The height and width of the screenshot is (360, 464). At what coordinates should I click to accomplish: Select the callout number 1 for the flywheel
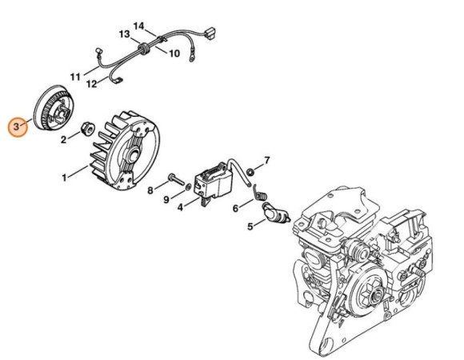(x=64, y=178)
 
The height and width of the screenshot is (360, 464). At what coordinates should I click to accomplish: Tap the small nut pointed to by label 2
(x=88, y=129)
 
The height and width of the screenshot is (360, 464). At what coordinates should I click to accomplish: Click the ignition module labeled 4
(x=214, y=181)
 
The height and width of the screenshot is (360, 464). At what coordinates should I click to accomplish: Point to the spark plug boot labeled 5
(x=275, y=214)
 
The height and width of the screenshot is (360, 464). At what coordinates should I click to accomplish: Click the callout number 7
(x=267, y=161)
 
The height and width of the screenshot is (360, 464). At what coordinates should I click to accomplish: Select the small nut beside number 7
(x=250, y=171)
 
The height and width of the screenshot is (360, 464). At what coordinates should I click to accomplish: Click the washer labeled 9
(x=188, y=186)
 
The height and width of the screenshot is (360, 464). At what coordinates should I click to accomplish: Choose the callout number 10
(x=174, y=54)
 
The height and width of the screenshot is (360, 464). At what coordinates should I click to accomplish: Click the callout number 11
(x=75, y=77)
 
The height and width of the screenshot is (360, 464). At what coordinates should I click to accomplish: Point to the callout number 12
(x=92, y=84)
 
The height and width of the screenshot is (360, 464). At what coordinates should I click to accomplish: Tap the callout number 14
(x=138, y=26)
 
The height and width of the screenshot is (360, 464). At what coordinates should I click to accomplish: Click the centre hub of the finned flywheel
(x=134, y=155)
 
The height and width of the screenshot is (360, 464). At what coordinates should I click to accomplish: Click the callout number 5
(x=250, y=227)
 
